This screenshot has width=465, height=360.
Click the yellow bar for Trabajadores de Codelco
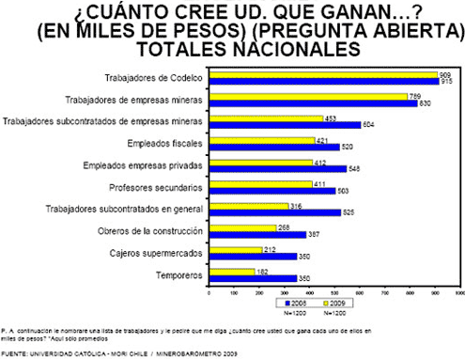[x=322, y=74]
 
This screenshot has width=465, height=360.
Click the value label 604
[x=369, y=124]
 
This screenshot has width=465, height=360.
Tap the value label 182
[x=263, y=272]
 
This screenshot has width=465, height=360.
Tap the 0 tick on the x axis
[x=209, y=293]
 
